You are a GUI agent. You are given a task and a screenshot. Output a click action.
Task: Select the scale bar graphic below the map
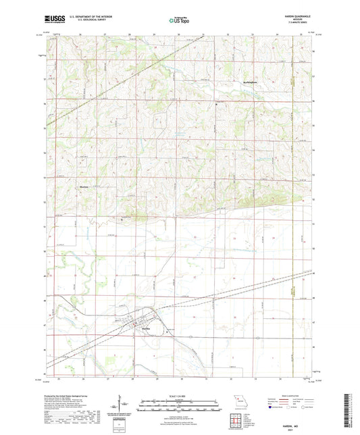point(180,407)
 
